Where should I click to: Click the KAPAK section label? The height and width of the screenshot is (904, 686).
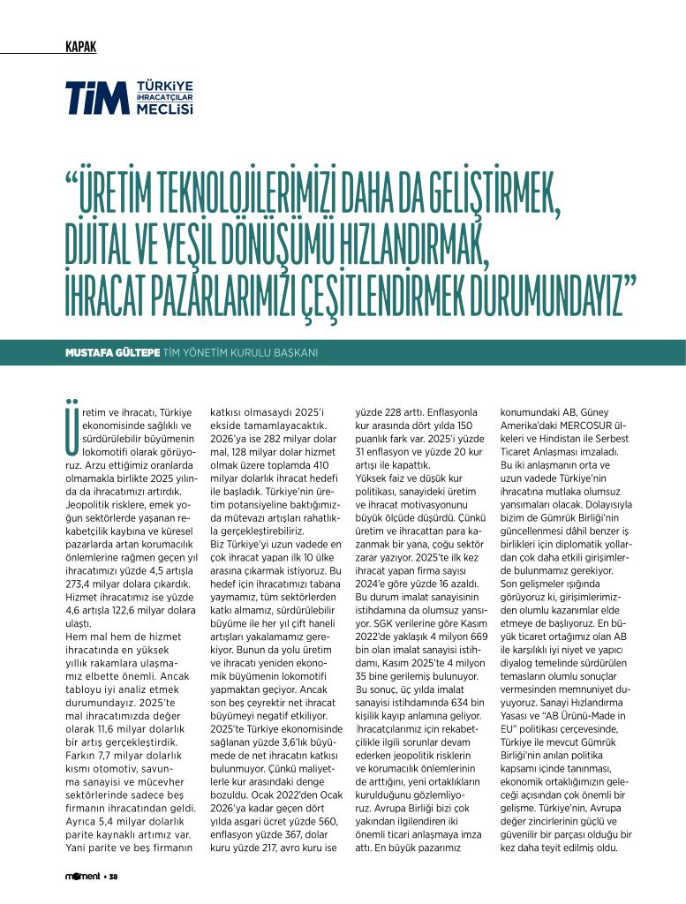[x=81, y=47]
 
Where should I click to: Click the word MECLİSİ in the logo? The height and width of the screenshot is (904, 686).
[x=164, y=110]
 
